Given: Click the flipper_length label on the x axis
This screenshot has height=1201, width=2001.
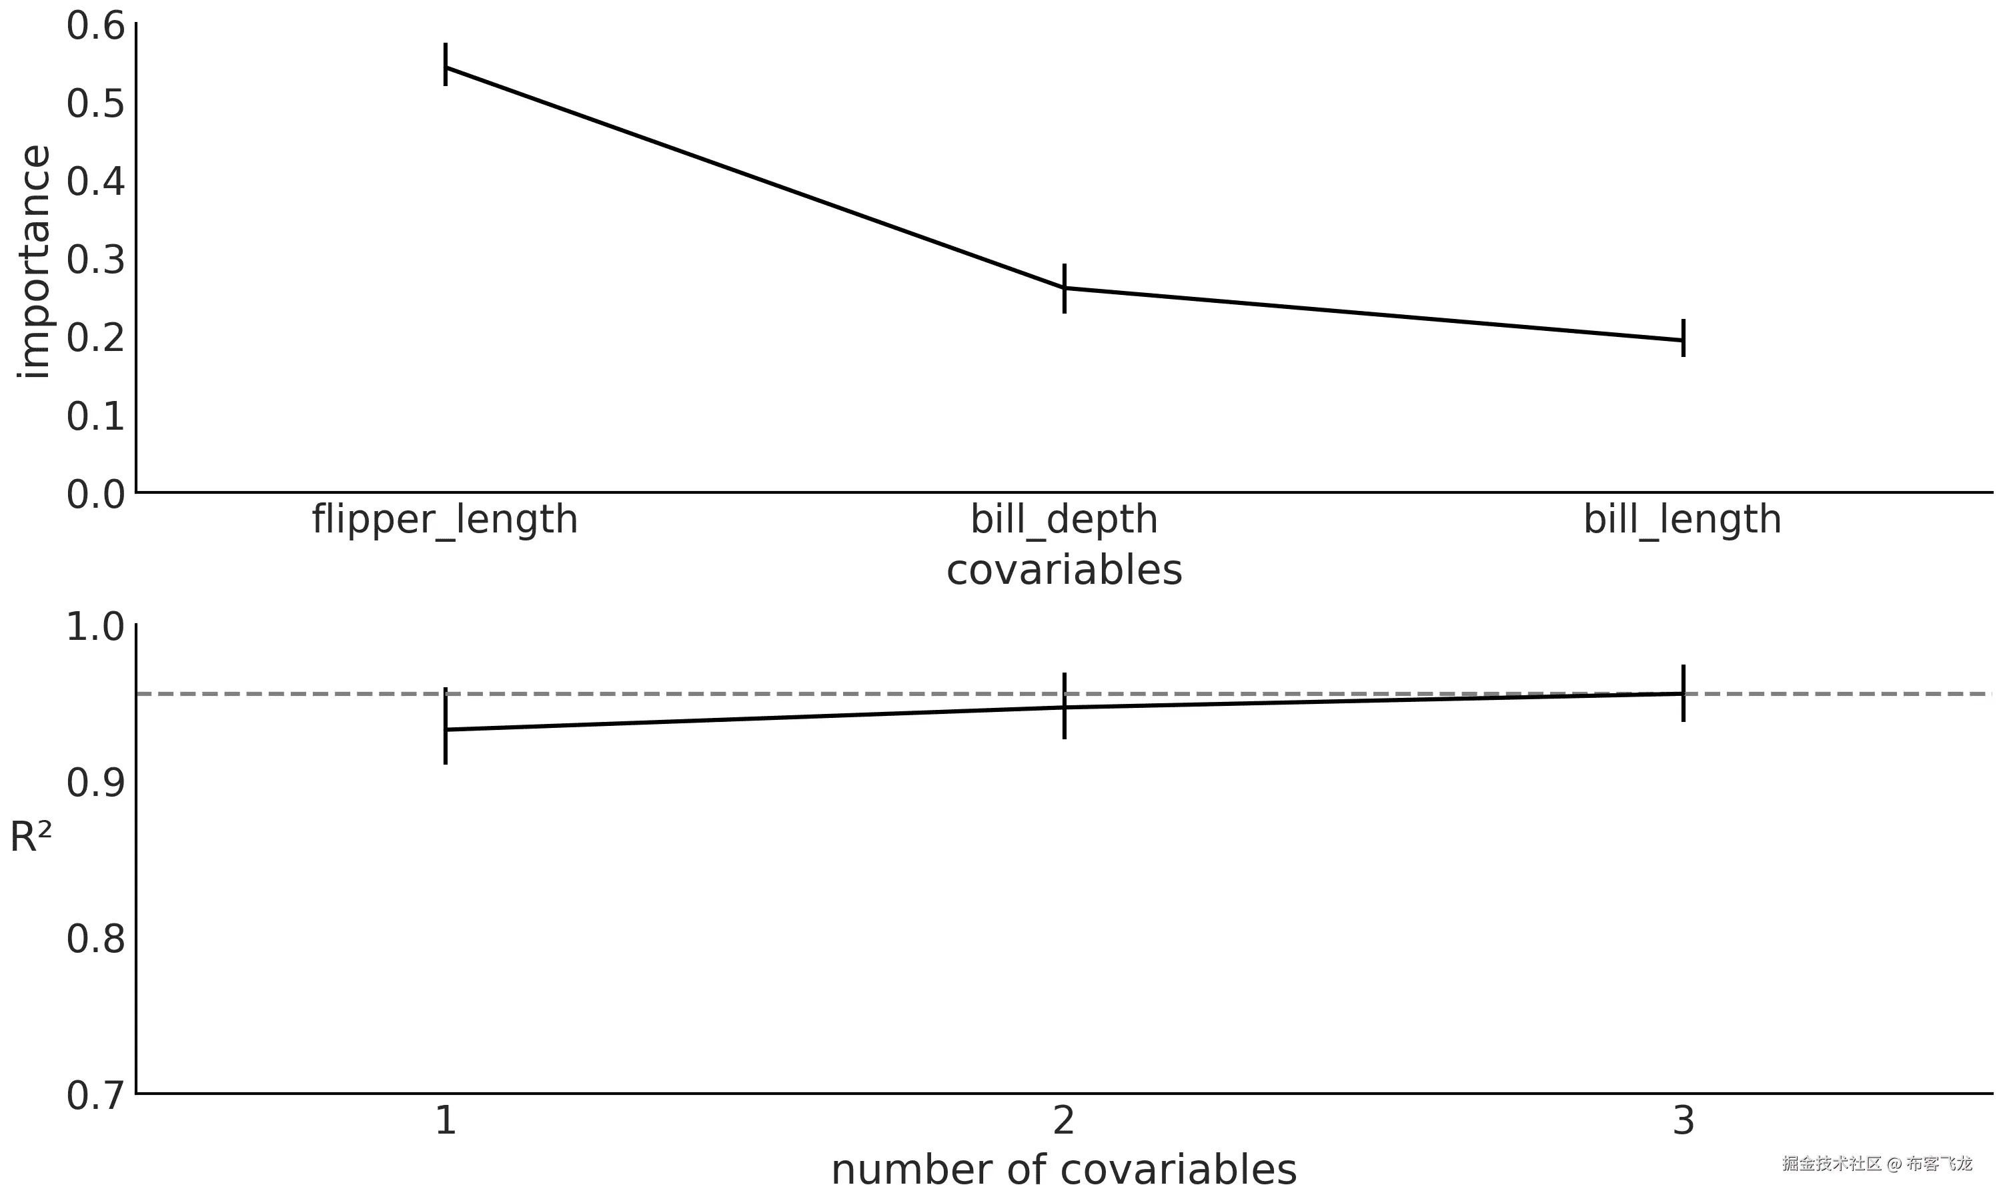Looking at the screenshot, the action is point(445,520).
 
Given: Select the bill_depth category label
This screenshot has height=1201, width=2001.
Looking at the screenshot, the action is point(1065,520).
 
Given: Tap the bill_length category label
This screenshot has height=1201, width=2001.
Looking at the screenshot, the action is point(1682,520).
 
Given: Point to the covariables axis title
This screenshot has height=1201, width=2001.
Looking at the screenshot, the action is point(1065,570).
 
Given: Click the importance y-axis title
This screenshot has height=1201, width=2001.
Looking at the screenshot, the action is point(33,262).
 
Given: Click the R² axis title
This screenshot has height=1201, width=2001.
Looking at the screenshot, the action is point(31,837).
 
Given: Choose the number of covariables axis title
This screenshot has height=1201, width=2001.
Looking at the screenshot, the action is point(1065,1170).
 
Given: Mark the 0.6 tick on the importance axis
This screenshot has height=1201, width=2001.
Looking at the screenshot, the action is point(95,26).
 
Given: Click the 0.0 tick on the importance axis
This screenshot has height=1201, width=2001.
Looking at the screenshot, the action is point(95,494).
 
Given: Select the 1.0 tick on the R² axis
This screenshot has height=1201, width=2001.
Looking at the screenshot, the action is point(95,627).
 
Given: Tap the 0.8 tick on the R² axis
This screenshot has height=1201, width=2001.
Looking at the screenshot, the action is point(95,939).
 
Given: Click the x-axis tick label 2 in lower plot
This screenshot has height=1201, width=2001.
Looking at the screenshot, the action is point(1065,1121).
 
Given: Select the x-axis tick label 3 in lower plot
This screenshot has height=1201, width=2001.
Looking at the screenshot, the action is point(1683,1121).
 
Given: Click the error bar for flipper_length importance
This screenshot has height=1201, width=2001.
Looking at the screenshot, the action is point(446,64).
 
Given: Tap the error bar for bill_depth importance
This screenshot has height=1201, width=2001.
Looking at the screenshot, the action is point(1065,288).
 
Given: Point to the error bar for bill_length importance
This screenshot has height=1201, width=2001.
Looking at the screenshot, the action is point(1683,338).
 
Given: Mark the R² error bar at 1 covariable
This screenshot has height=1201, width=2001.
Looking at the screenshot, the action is point(446,726).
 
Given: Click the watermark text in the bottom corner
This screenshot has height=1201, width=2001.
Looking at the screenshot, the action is point(1877,1164).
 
